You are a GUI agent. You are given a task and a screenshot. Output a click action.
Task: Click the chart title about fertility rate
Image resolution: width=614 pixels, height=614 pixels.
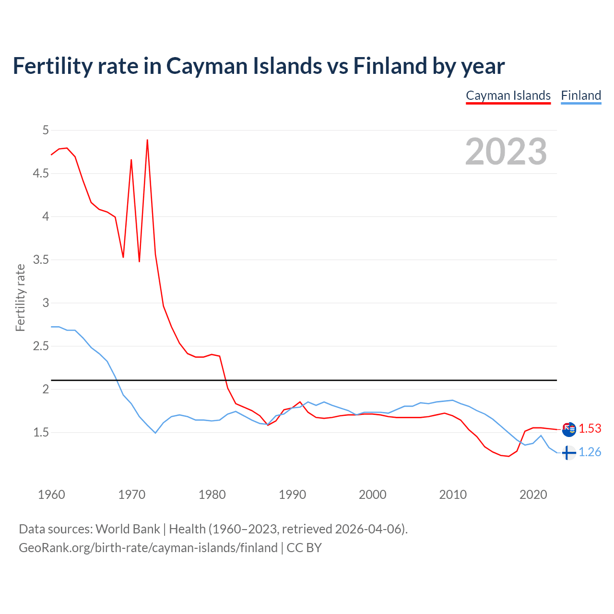pos(259,66)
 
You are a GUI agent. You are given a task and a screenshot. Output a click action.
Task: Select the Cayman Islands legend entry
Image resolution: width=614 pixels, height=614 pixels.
pos(508,95)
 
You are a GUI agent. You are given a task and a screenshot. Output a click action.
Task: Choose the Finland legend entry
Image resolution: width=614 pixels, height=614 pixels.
pos(581,95)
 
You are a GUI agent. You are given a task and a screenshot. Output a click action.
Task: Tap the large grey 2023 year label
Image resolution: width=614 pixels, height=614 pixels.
pos(506,152)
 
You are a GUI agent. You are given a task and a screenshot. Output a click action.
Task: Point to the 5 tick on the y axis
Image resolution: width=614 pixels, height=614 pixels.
pos(46,130)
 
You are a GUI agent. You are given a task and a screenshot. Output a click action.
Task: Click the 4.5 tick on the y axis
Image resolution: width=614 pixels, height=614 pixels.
pos(41,173)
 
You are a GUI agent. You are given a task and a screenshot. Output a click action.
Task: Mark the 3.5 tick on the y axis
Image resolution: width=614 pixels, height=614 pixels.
pos(41,260)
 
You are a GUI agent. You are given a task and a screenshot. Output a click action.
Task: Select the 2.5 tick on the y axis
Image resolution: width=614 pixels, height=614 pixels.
pos(41,346)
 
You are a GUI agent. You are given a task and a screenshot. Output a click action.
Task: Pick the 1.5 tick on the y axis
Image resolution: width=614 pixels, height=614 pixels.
pos(41,432)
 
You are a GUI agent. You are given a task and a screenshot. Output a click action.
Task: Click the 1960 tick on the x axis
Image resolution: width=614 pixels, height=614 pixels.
pos(51,495)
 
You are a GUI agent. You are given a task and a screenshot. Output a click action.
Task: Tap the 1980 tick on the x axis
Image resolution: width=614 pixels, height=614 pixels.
pos(212,495)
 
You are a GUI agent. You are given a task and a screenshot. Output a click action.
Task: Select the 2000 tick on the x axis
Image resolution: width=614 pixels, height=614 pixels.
pos(372,495)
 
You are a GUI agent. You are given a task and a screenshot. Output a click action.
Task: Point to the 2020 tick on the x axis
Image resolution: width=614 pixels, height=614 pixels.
pos(533,495)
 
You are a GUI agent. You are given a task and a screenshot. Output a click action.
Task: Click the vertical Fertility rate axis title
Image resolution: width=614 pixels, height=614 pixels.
pos(20,297)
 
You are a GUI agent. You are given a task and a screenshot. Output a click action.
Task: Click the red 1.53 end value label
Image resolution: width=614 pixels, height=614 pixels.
pos(590,428)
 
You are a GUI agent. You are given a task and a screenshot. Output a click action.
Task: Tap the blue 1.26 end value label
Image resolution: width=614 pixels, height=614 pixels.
pos(590,452)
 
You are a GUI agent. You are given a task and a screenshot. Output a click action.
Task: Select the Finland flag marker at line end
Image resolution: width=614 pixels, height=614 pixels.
pos(569,452)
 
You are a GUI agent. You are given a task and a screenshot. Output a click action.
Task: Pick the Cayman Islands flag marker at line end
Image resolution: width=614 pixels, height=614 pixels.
pos(569,429)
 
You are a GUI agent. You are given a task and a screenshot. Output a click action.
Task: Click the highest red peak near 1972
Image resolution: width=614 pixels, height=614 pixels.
pos(147,140)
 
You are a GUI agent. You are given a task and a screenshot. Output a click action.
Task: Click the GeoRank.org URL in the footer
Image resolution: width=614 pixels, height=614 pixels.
pos(148,548)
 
